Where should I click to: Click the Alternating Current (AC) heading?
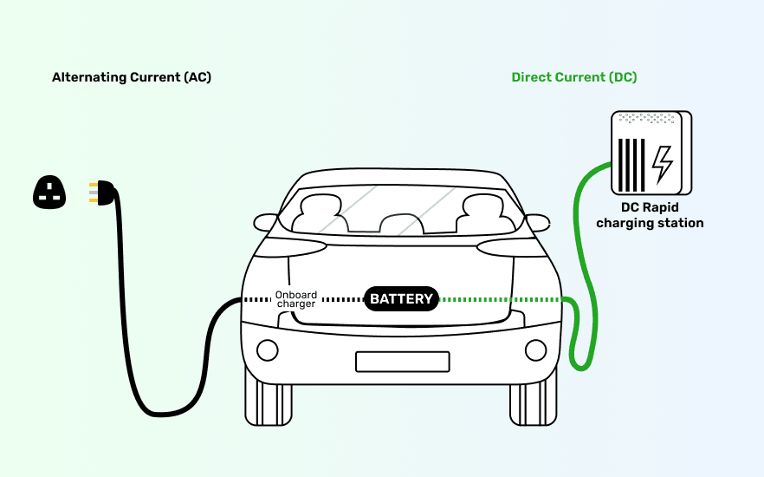pyautogui.click(x=132, y=78)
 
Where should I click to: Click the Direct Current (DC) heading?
pyautogui.click(x=573, y=78)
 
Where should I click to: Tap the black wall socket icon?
pyautogui.click(x=49, y=193)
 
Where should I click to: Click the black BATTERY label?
pyautogui.click(x=401, y=299)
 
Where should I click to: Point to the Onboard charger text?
pyautogui.click(x=296, y=299)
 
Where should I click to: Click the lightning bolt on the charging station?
pyautogui.click(x=663, y=163)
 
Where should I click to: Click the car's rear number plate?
pyautogui.click(x=402, y=362)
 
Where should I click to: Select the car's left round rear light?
pyautogui.click(x=268, y=350)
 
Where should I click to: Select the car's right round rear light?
pyautogui.click(x=536, y=350)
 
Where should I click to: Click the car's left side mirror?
pyautogui.click(x=263, y=222)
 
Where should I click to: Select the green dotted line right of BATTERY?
pyautogui.click(x=498, y=299)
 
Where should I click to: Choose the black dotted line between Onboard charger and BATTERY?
pyautogui.click(x=340, y=299)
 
